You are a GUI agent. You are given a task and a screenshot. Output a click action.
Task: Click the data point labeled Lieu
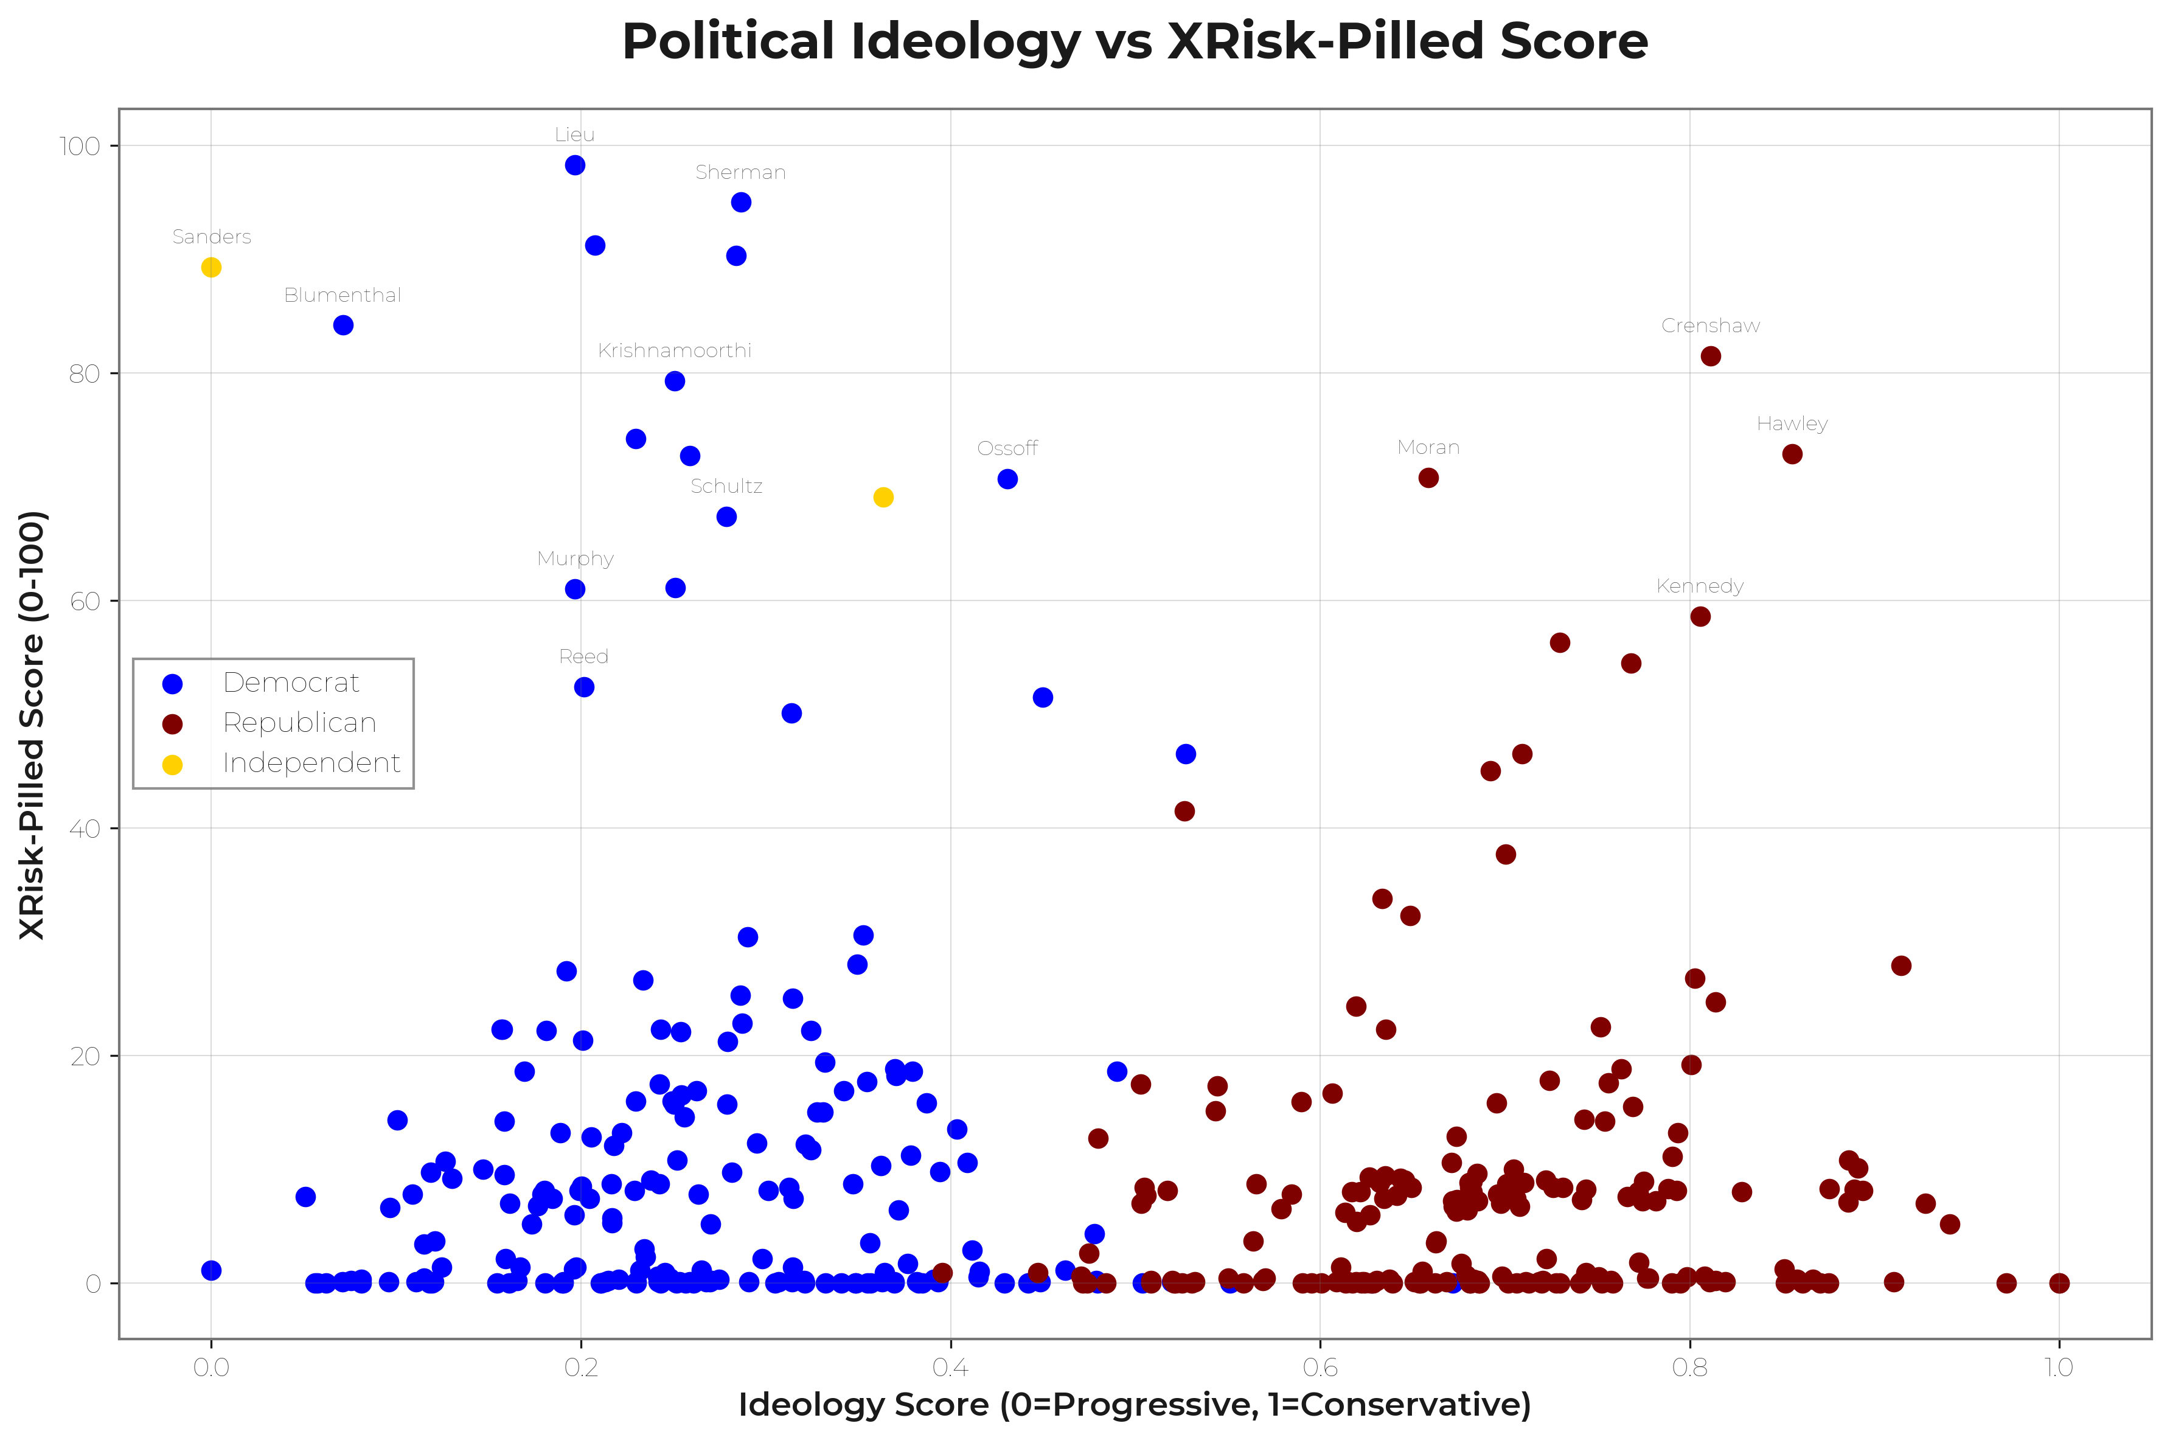point(575,165)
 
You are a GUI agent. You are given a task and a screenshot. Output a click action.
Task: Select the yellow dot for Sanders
point(211,267)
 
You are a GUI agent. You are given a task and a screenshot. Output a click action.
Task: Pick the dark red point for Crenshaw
point(1710,357)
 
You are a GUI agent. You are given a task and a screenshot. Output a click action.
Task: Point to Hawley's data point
point(1792,454)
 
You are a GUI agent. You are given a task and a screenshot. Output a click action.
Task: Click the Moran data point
point(1428,478)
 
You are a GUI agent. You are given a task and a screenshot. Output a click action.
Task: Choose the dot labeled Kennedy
point(1700,616)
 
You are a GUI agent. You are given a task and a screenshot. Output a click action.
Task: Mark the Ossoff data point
point(1007,479)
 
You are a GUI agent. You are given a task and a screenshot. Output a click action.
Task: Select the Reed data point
point(584,687)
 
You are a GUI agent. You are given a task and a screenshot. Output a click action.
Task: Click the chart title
point(1134,41)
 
